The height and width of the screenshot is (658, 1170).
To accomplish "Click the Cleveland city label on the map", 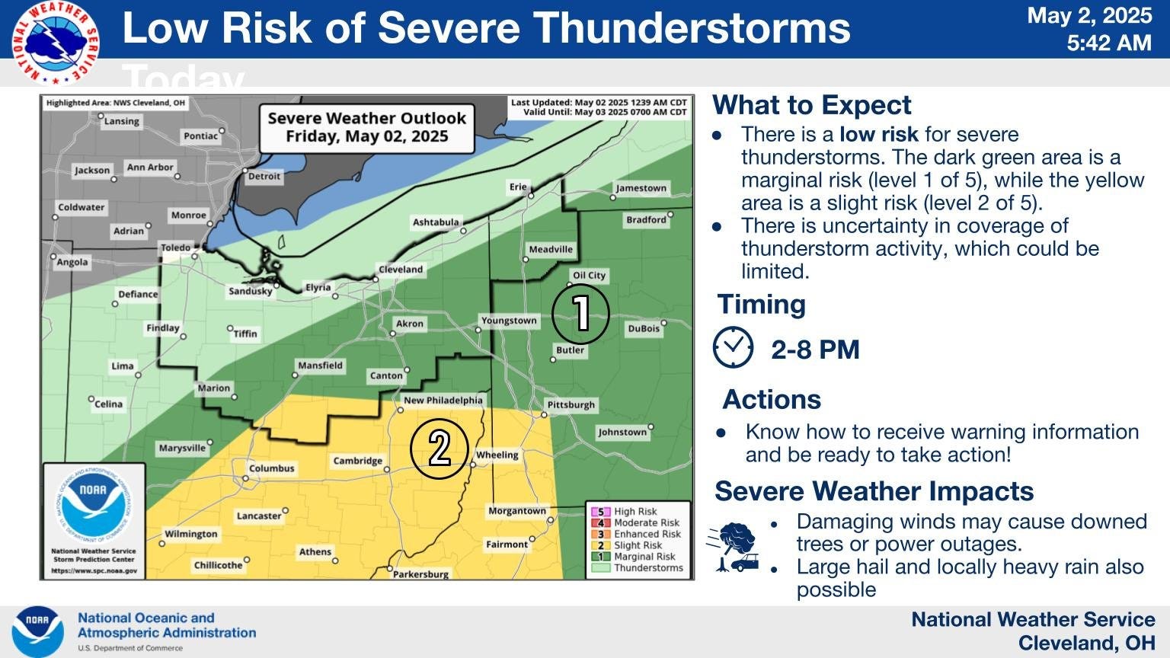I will click(x=401, y=270).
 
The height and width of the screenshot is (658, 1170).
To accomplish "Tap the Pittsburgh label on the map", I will click(x=571, y=404).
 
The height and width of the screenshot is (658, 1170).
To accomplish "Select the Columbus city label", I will click(x=271, y=468).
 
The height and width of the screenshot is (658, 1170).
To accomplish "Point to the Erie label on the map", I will click(x=518, y=187).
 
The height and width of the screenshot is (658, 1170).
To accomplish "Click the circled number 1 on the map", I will click(x=580, y=313).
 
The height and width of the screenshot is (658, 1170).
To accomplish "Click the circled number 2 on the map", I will click(x=439, y=448).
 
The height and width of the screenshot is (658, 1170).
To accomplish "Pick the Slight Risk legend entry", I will click(x=638, y=545).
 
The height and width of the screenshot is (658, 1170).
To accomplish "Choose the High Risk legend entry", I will click(x=635, y=512).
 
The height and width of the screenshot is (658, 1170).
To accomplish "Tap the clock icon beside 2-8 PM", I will click(x=733, y=347).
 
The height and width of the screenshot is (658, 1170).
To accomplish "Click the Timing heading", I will click(x=762, y=305).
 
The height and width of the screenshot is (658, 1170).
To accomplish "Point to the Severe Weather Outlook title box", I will click(x=366, y=127).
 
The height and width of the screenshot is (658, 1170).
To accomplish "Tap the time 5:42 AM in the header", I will click(x=1108, y=43).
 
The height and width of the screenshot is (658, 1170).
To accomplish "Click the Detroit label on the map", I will click(x=264, y=176).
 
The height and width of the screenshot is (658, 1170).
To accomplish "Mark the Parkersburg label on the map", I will click(x=420, y=574).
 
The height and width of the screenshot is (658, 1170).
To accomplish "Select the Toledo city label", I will click(x=175, y=248).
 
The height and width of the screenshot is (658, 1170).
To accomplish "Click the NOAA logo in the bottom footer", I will click(x=37, y=632).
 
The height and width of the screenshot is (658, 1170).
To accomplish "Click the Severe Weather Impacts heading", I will click(x=874, y=491).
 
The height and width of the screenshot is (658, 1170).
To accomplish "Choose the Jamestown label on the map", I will click(x=641, y=188).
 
